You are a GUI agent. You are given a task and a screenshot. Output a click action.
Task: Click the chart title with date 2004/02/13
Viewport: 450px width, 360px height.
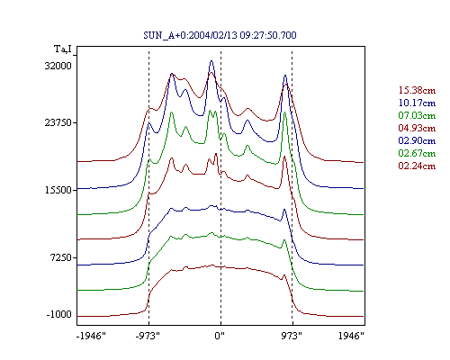[220, 35]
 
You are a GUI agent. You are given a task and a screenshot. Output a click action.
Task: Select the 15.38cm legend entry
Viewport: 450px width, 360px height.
[417, 90]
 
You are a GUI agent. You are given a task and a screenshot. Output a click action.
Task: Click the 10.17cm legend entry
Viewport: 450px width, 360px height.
[417, 103]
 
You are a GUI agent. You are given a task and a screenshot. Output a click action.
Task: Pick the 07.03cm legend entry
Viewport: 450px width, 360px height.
[417, 115]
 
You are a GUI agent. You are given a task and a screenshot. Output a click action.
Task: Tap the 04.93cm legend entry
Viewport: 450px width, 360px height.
[417, 128]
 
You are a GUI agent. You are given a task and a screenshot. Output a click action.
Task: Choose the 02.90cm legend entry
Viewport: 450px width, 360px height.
[417, 140]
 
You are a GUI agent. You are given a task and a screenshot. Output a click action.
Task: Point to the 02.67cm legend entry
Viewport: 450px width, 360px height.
[417, 153]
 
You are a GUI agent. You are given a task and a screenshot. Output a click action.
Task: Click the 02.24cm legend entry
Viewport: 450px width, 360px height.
[417, 166]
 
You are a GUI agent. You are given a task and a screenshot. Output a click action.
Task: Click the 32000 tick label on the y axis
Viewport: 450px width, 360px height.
[58, 66]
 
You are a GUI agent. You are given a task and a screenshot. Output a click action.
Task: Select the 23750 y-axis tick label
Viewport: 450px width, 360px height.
[58, 122]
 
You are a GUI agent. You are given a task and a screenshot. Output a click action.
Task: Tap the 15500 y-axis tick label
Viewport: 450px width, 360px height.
[58, 190]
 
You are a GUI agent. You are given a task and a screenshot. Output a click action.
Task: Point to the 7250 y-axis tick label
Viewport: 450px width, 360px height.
[61, 257]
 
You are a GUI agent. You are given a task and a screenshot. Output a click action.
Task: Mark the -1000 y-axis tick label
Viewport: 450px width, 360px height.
[58, 314]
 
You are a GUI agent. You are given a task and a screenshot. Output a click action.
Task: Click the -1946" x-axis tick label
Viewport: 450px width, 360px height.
[91, 336]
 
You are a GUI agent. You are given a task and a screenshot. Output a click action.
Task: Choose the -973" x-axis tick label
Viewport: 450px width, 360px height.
[148, 336]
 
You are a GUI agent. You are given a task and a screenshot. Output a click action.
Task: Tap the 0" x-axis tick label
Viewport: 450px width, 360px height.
[220, 336]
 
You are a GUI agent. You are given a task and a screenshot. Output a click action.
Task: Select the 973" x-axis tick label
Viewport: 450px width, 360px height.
[292, 336]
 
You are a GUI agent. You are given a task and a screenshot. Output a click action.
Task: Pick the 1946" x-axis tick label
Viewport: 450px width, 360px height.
[351, 336]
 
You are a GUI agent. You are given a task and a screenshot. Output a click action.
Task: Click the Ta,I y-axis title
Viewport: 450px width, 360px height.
[63, 49]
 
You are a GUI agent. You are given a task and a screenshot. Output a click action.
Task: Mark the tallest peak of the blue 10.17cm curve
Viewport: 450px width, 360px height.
[211, 61]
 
